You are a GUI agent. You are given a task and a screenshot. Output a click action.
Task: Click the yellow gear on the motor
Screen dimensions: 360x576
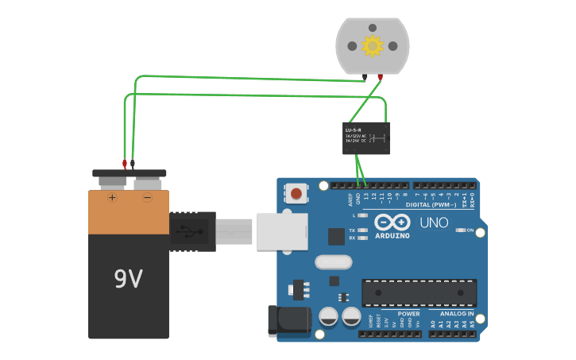click(x=373, y=46)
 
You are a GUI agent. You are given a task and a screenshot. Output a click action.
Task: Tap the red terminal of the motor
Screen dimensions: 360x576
click(x=381, y=77)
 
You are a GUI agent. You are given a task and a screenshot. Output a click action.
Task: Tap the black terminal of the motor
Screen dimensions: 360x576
click(x=365, y=77)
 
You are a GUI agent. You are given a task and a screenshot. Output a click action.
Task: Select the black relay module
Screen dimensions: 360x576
click(x=366, y=138)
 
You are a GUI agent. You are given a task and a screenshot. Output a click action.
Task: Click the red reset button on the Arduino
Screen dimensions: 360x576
click(x=296, y=193)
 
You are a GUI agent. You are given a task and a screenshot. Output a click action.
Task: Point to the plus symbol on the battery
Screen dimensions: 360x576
click(x=113, y=196)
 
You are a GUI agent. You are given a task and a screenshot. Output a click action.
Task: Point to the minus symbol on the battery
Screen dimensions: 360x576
click(x=147, y=196)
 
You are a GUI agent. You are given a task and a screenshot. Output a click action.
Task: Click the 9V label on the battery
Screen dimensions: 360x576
click(x=128, y=278)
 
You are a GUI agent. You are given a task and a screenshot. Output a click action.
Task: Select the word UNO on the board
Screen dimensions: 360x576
click(x=434, y=223)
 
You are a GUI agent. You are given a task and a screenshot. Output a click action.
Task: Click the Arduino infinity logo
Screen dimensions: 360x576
click(x=392, y=222)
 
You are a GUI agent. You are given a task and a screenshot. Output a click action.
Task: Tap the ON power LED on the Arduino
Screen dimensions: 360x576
click(x=461, y=230)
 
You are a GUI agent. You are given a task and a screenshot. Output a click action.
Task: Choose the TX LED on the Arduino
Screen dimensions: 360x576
click(x=363, y=230)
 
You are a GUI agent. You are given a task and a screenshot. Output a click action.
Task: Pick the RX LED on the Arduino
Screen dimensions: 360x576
click(x=363, y=238)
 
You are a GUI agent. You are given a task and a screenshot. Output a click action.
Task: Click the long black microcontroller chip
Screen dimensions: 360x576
click(x=419, y=292)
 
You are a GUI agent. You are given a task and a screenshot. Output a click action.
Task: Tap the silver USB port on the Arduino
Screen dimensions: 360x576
click(x=281, y=232)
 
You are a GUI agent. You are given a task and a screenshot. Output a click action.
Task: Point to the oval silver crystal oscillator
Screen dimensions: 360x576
click(x=333, y=261)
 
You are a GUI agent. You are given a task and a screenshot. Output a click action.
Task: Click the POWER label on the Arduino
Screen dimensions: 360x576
click(x=408, y=314)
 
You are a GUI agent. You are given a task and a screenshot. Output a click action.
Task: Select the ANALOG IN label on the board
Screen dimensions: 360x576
click(x=457, y=314)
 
